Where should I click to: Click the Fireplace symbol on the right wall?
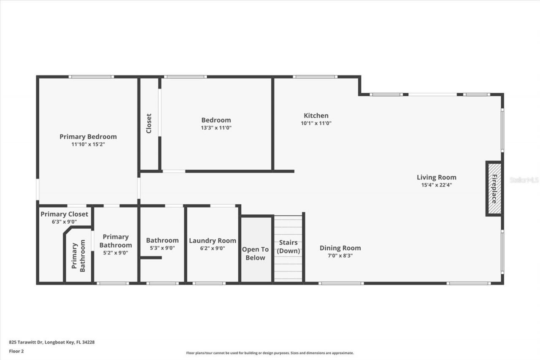(x=494, y=189)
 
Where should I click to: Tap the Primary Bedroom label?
(x=88, y=137)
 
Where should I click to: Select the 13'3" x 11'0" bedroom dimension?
(x=216, y=127)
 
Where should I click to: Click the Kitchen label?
(x=316, y=116)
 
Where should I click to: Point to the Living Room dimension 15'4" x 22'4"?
(x=436, y=185)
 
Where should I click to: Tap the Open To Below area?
(x=255, y=254)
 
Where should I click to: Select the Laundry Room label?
(x=212, y=241)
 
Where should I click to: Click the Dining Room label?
(x=340, y=248)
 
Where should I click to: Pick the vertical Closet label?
(x=149, y=123)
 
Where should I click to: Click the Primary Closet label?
(x=64, y=214)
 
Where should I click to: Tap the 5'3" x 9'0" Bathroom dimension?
(x=162, y=248)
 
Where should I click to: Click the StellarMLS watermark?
(x=524, y=180)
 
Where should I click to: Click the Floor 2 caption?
(x=16, y=351)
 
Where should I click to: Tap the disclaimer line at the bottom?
(x=270, y=353)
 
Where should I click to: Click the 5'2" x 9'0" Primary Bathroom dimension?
(x=115, y=253)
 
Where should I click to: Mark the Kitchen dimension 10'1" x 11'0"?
(x=316, y=123)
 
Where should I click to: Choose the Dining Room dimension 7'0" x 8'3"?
(x=340, y=255)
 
